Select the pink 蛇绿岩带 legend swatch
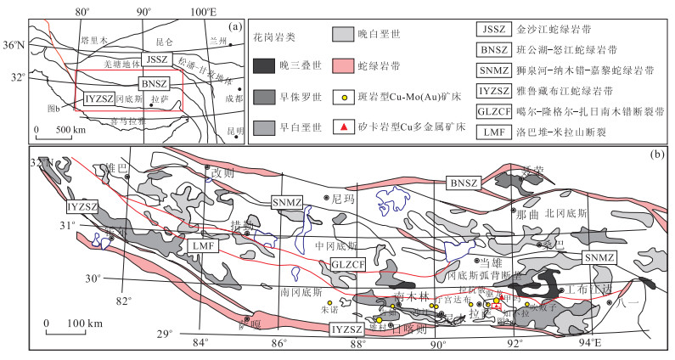tap(350, 63)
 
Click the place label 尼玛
tap(342, 197)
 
